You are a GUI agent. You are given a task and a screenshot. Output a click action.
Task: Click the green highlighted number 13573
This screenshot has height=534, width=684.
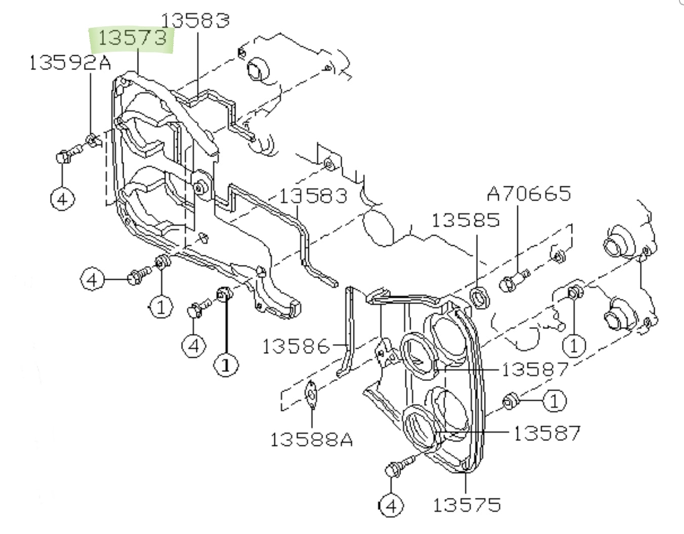coord(132,38)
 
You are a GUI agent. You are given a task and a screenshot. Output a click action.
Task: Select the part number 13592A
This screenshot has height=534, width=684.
coord(70,62)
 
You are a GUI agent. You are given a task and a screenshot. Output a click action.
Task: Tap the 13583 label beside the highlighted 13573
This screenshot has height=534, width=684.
coord(195,21)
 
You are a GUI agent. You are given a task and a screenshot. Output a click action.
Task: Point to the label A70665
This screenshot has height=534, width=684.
coord(529,194)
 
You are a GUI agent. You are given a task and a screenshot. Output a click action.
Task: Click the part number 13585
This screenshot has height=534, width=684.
coord(466,220)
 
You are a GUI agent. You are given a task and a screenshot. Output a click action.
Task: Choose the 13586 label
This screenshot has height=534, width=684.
coord(296,347)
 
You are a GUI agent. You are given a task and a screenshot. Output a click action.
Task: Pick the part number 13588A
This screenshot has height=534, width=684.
coord(312,440)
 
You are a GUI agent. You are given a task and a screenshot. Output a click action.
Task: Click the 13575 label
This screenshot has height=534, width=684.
coord(467,505)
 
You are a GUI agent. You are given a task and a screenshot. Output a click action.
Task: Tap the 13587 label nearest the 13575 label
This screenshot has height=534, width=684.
coord(547,433)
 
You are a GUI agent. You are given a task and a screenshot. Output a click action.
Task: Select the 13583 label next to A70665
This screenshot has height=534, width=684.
coord(313,196)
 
